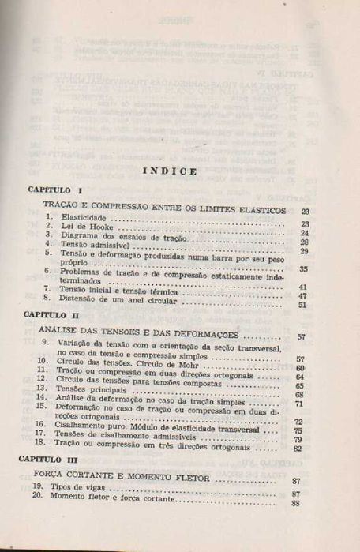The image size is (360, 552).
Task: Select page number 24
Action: click(x=304, y=234)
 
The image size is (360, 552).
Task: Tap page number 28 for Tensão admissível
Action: click(x=304, y=242)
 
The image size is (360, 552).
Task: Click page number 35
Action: click(x=304, y=268)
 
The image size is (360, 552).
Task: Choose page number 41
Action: click(x=302, y=286)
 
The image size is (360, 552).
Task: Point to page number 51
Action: click(x=302, y=304)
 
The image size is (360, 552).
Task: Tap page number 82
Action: click(x=298, y=448)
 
